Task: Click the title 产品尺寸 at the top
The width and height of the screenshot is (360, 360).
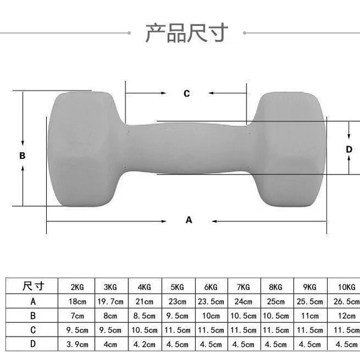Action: click(187, 33)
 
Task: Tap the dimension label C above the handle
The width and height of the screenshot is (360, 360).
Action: click(187, 94)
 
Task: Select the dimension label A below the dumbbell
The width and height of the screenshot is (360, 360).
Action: click(189, 220)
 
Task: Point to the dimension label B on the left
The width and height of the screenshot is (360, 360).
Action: click(22, 155)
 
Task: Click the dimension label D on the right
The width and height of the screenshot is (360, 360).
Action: click(349, 149)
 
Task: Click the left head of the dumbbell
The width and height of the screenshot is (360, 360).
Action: click(86, 149)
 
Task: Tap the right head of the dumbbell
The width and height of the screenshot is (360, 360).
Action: click(289, 149)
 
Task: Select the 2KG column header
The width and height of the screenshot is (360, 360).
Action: click(77, 287)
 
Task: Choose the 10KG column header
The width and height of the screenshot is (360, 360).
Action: click(346, 287)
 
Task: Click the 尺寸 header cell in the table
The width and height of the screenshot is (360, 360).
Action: click(33, 286)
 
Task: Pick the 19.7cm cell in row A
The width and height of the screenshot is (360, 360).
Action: click(110, 301)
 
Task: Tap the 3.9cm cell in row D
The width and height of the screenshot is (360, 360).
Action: click(77, 344)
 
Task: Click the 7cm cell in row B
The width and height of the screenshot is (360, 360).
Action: click(77, 316)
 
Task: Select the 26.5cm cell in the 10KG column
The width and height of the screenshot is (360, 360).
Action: click(346, 301)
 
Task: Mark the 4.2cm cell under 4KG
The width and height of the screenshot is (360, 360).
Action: click(144, 344)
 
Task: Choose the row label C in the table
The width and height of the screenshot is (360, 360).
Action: click(33, 330)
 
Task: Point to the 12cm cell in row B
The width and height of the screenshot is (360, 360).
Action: click(346, 316)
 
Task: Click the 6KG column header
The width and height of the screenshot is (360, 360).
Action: click(211, 287)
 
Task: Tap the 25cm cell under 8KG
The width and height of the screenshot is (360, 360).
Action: click(275, 301)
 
